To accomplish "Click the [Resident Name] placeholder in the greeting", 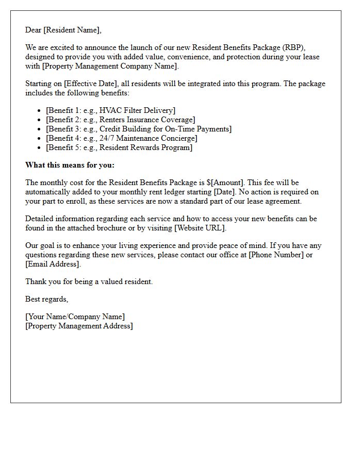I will click(72, 30).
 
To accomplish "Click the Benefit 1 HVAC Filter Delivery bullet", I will click(110, 110).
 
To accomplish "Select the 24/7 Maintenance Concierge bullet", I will click(121, 138).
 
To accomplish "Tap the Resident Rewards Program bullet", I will click(119, 147).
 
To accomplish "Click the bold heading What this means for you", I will click(70, 165).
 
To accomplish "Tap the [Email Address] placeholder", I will click(53, 264).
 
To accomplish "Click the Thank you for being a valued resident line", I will click(89, 281).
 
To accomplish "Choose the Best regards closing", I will click(46, 299).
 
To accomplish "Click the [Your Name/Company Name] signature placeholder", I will click(75, 317).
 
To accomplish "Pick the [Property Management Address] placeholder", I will click(79, 326).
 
